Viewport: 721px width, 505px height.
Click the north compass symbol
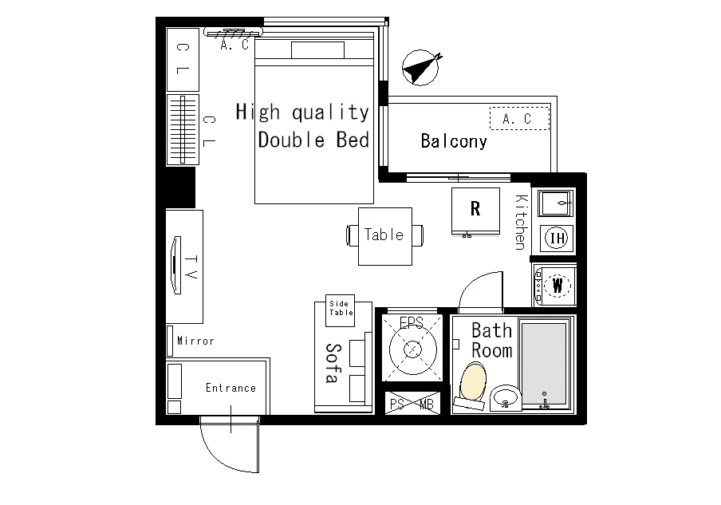point(420,68)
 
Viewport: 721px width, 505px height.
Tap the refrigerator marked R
point(475,210)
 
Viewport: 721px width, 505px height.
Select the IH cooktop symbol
point(557,238)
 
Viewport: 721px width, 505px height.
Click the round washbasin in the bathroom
point(506,397)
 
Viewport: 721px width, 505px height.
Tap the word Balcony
point(453,141)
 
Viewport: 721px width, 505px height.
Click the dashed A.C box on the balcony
point(519,118)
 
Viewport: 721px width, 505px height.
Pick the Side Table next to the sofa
point(341,310)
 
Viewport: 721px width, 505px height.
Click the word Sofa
point(333,363)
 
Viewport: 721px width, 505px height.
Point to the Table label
point(384,235)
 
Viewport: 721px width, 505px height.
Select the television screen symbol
point(175,265)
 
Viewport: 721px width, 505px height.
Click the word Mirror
point(196,341)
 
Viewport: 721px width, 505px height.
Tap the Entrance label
point(230,388)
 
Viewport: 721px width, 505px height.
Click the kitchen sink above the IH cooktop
point(557,203)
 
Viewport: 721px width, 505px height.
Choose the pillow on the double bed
point(317,50)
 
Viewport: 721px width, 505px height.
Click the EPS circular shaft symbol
point(412,349)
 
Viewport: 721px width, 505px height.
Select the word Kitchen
point(520,222)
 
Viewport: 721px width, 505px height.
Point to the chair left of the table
point(353,235)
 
